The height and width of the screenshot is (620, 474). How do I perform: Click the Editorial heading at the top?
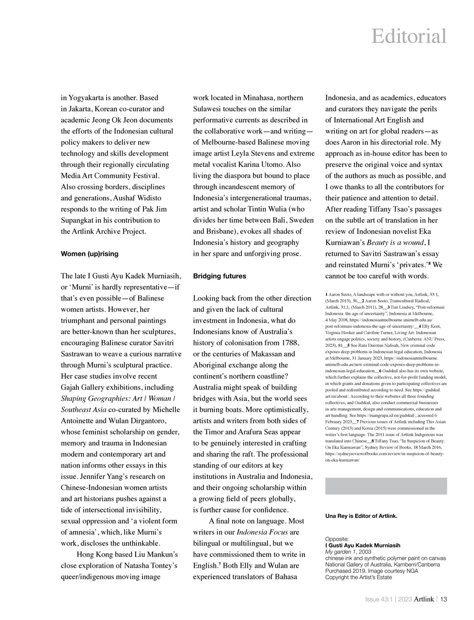[409, 37]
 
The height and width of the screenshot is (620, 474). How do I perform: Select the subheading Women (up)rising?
[89, 254]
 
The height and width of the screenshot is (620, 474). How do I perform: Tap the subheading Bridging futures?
[219, 276]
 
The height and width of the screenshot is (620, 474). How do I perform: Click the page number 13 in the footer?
[443, 599]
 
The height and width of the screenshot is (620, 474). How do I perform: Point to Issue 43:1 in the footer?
[379, 599]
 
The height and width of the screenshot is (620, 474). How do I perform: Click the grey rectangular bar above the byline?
[386, 486]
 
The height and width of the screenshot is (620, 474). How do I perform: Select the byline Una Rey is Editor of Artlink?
[361, 516]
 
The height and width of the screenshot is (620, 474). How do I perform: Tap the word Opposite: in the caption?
[337, 539]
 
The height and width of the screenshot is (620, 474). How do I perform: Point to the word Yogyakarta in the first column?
[93, 98]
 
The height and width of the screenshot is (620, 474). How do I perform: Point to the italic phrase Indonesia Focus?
[265, 532]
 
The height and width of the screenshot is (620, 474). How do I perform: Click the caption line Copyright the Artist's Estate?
[358, 577]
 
